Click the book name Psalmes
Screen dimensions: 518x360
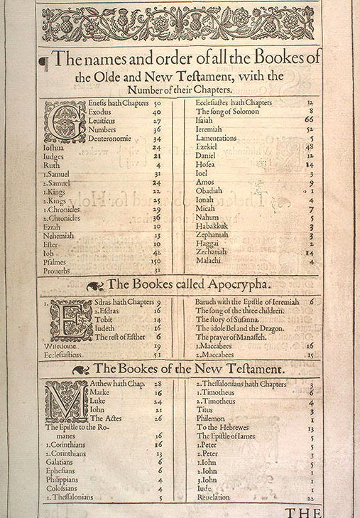57,261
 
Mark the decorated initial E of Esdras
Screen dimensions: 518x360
70,320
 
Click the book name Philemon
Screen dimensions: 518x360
212,419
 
